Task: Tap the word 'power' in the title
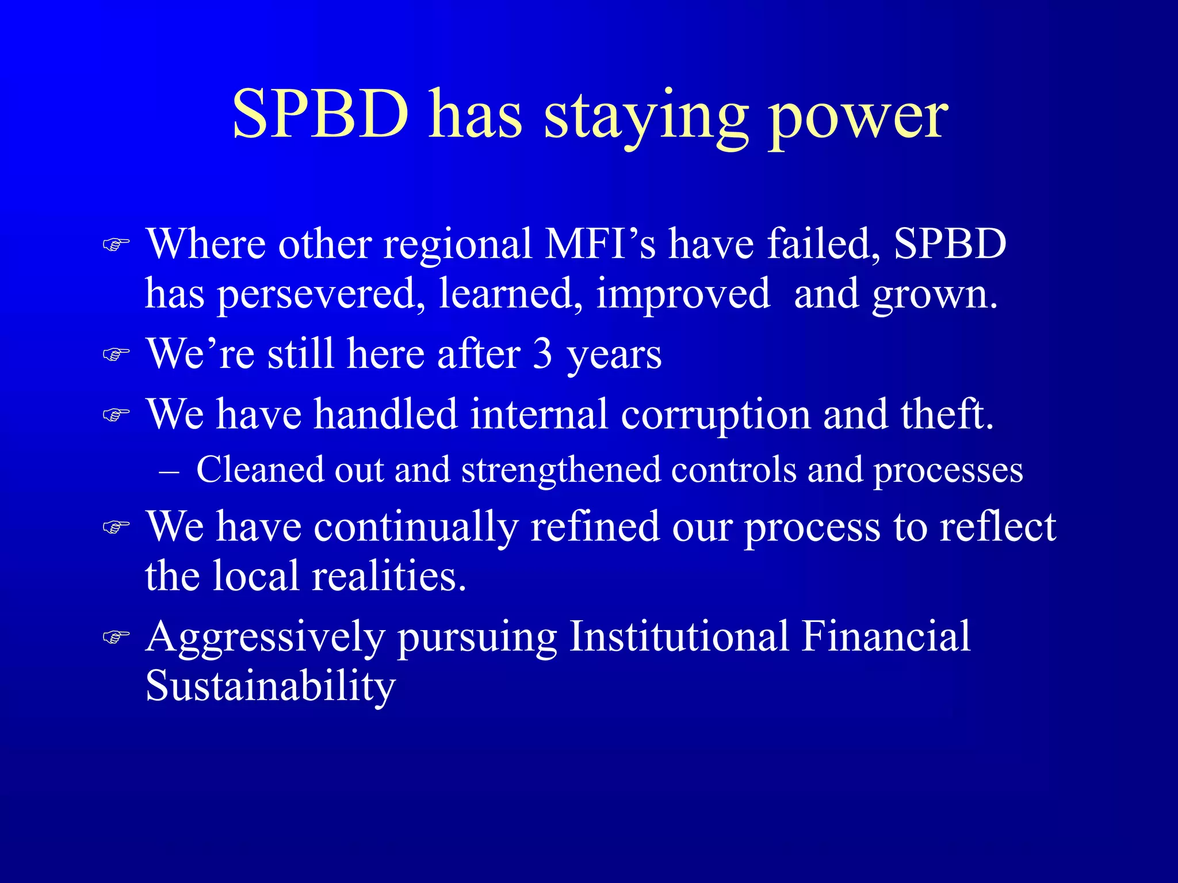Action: [859, 118]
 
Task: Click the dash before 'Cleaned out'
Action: [169, 471]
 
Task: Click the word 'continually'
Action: [416, 527]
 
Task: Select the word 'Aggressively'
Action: [265, 638]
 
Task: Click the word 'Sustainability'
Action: [270, 686]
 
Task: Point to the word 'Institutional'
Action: [679, 636]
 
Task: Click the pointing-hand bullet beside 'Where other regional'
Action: [116, 245]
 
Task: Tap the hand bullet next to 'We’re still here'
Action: [116, 355]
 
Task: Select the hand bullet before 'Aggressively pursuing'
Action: [116, 637]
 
